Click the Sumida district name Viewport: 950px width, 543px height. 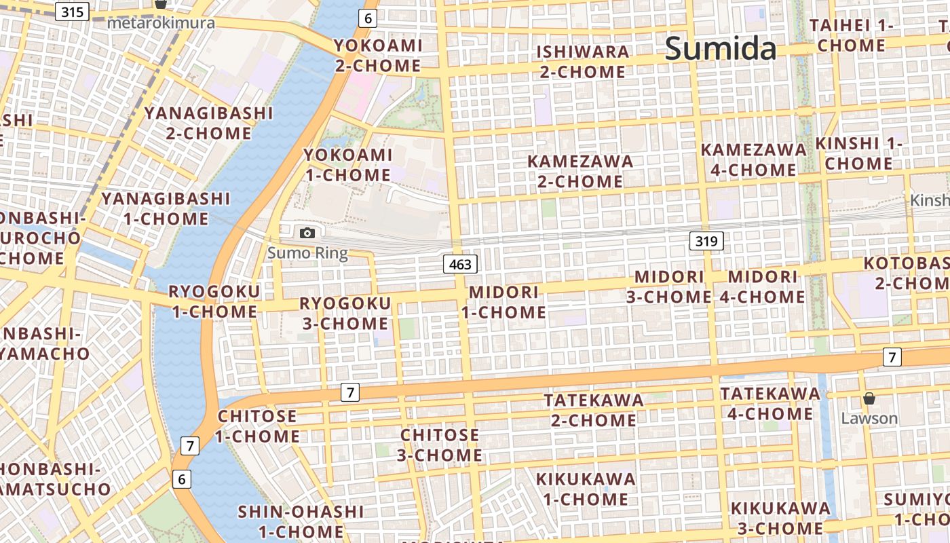(721, 48)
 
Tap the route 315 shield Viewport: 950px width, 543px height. (72, 12)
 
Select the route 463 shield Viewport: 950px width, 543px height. (460, 264)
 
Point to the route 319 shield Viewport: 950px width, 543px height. (706, 240)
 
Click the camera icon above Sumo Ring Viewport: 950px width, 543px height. (307, 233)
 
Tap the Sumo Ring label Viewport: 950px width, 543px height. (307, 254)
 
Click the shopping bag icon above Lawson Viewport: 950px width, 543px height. (869, 398)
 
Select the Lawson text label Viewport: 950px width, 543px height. (869, 418)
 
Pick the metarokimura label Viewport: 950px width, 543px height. (161, 23)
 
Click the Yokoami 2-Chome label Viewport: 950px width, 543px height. (378, 56)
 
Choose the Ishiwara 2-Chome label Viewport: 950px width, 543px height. (582, 62)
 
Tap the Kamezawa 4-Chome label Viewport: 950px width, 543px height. (753, 160)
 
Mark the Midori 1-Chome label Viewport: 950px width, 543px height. (503, 302)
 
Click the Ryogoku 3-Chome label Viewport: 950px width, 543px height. (345, 313)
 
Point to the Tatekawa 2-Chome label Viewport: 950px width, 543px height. (593, 410)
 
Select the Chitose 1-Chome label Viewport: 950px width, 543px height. (257, 426)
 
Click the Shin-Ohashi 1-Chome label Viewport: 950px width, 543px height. (301, 521)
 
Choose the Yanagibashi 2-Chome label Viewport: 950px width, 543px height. (208, 123)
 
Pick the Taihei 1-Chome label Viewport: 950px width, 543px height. (851, 35)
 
